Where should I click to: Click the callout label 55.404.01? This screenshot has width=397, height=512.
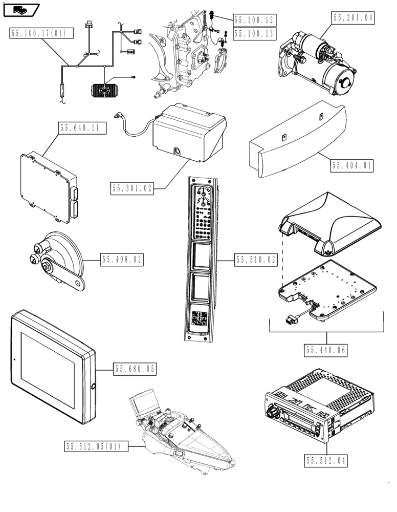[x=352, y=166]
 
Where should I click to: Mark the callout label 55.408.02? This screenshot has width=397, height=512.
[x=122, y=260]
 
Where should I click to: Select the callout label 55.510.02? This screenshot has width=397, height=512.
[x=255, y=260]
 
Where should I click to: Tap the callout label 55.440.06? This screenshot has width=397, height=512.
[x=326, y=350]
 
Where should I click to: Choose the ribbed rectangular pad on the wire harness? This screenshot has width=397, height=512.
[x=106, y=91]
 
